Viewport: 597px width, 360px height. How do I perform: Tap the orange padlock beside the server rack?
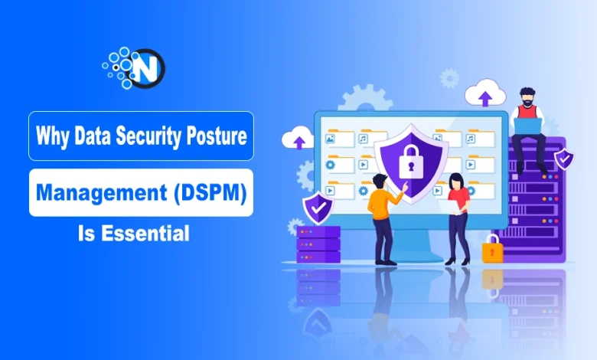pos(491,248)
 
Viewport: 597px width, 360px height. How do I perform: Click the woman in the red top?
pos(458,218)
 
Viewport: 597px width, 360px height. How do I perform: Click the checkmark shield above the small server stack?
pos(316,208)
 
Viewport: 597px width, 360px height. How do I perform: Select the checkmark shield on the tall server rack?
pos(564,159)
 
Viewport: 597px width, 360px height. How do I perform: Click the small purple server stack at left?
pos(316,244)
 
